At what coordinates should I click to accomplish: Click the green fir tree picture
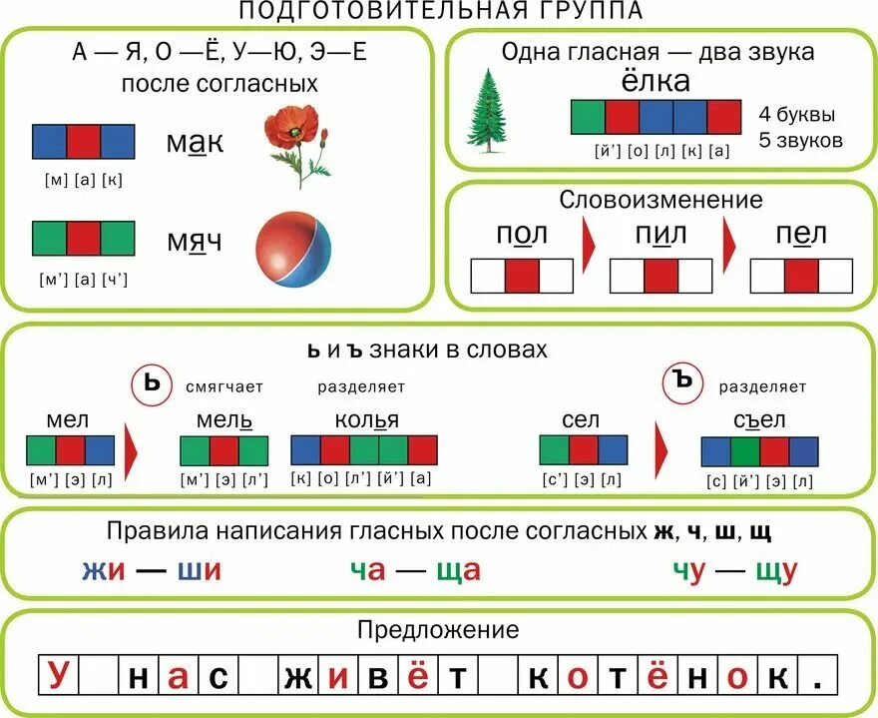pyautogui.click(x=490, y=111)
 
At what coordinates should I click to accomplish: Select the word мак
pyautogui.click(x=196, y=144)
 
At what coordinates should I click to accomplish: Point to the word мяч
pyautogui.click(x=196, y=243)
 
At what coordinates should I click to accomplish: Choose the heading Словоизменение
pyautogui.click(x=660, y=200)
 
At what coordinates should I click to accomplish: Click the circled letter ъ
pyautogui.click(x=683, y=381)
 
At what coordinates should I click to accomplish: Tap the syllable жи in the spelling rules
pyautogui.click(x=104, y=570)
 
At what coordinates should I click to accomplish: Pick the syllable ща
pyautogui.click(x=458, y=570)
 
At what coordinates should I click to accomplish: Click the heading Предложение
pyautogui.click(x=438, y=630)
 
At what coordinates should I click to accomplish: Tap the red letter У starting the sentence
pyautogui.click(x=59, y=678)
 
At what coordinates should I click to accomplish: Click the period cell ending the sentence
pyautogui.click(x=818, y=678)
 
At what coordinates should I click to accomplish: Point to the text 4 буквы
pyautogui.click(x=796, y=114)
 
